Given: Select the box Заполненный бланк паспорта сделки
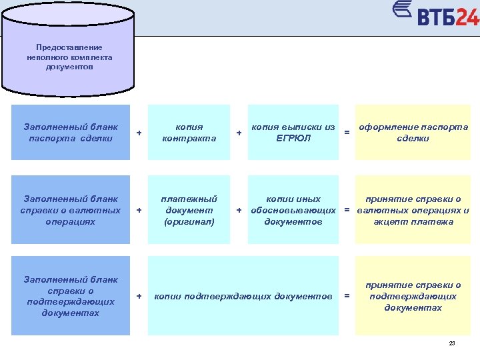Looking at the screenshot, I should tap(71, 132).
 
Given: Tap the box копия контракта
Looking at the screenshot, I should tap(189, 132).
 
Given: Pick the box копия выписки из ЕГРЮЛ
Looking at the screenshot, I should tap(293, 132).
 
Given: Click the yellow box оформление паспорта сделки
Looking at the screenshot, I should tap(413, 132).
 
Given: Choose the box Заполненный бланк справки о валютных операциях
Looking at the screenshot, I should tap(71, 209).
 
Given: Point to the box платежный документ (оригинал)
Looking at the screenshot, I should tap(189, 209).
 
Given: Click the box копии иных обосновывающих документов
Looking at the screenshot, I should tap(293, 209).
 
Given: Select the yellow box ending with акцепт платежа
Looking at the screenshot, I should tap(413, 209).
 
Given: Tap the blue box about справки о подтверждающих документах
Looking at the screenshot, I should tap(71, 295).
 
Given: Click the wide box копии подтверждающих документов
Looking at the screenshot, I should tap(243, 295).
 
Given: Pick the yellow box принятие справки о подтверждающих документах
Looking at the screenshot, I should tap(413, 295).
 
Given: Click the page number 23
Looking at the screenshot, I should tap(452, 343).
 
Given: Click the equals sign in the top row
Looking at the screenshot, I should tap(347, 133).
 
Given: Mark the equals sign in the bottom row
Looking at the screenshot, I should tap(346, 295).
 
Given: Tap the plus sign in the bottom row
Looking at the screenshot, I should tap(139, 295).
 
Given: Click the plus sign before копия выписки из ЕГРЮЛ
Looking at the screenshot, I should tap(239, 133).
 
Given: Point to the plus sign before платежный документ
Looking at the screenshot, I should tap(139, 210).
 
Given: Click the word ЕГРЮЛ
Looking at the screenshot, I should tap(293, 138).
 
